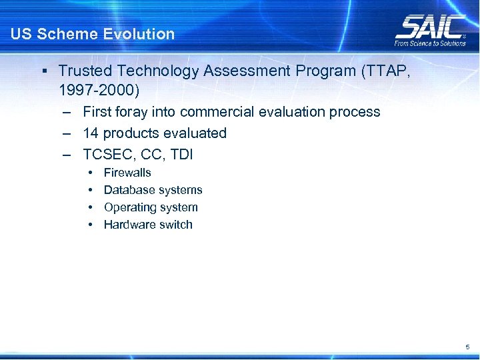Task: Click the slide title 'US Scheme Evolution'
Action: (93, 34)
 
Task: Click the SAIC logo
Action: (431, 27)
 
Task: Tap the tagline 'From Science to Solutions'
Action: (430, 43)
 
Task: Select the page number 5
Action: (467, 347)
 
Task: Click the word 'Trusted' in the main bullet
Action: (81, 71)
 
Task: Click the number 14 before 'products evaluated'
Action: (90, 133)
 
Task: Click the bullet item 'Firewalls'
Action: (127, 173)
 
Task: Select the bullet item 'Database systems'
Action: (153, 190)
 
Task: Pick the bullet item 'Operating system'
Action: (151, 207)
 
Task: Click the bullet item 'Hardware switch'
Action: (148, 225)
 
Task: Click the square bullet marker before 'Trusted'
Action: (43, 71)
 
